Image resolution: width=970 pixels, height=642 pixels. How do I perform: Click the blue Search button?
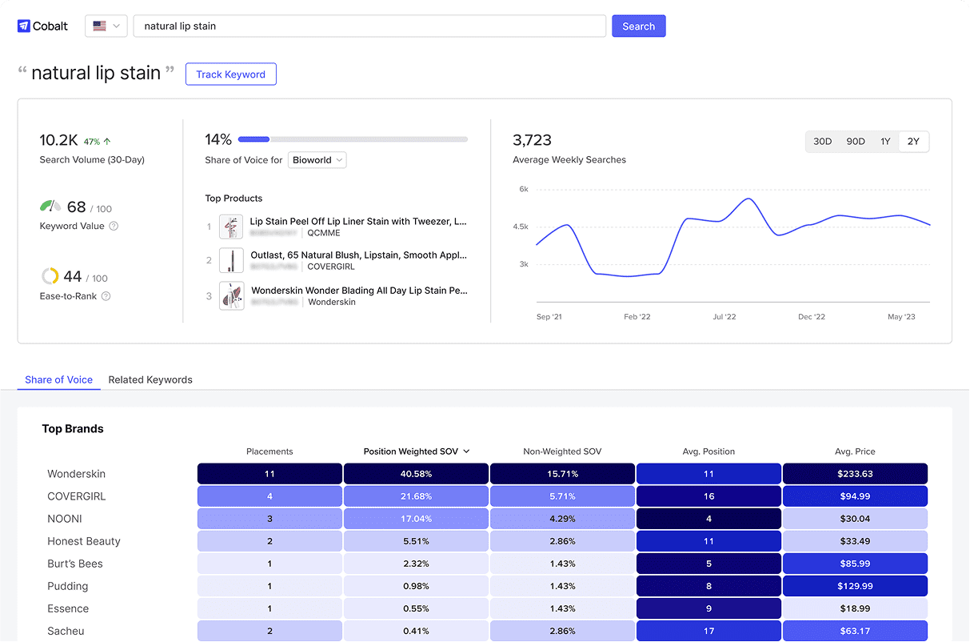[x=638, y=26]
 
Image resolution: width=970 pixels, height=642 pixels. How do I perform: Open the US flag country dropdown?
[x=106, y=26]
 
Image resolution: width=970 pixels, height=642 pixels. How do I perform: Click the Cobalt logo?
[x=43, y=26]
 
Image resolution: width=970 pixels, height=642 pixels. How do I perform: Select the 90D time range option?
[x=855, y=142]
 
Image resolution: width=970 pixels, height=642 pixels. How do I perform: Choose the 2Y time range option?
[x=913, y=142]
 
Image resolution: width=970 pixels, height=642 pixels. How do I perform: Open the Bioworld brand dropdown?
[x=317, y=160]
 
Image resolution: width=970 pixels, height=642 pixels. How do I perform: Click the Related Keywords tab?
[x=150, y=379]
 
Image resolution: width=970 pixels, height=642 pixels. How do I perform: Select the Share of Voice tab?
[x=58, y=379]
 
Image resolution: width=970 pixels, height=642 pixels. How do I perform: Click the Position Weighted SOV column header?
[x=416, y=451]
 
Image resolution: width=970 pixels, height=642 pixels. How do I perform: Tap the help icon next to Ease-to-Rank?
[x=106, y=296]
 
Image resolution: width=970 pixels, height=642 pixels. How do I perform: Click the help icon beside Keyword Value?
[x=114, y=227]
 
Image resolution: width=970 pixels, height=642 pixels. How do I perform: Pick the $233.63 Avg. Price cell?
[x=855, y=474]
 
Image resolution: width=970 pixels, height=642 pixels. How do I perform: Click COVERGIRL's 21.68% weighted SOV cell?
[x=416, y=496]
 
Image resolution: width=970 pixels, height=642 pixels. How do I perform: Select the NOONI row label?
[x=65, y=519]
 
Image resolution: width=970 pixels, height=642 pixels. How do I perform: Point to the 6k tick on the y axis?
[x=523, y=190]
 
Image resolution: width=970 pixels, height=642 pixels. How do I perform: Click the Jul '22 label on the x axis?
[x=724, y=317]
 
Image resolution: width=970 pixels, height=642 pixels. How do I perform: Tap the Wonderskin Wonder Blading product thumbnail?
[x=231, y=296]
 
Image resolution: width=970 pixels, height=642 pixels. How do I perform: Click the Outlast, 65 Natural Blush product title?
[x=358, y=255]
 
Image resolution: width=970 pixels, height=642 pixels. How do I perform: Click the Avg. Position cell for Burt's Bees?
[x=709, y=564]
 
